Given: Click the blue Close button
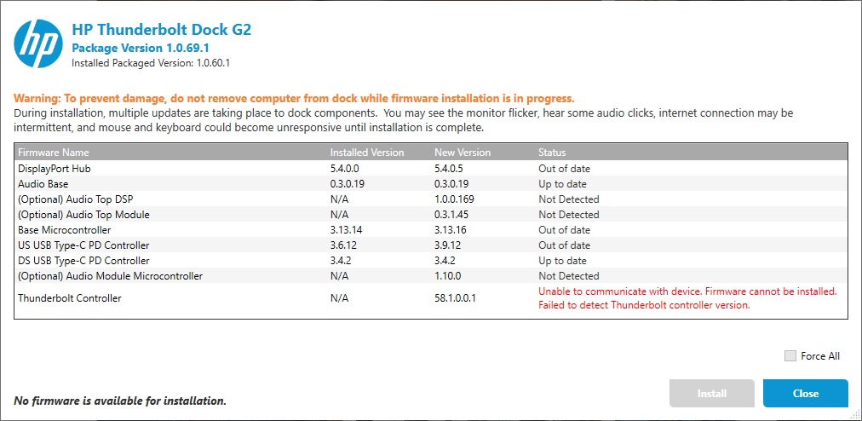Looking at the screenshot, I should pos(805,393).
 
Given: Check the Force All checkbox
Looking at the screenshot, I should pos(790,356).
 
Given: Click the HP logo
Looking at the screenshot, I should pos(38,43).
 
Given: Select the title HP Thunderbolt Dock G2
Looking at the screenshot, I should pos(161,29).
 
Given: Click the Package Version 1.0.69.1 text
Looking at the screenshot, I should pos(141,48).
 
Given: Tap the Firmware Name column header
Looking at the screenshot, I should pos(54,153).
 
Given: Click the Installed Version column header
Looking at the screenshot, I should pos(367,153).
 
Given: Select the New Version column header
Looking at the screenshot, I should pos(463,153).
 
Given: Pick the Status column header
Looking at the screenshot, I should pos(552,153).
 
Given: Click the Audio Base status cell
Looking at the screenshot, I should pos(562,184).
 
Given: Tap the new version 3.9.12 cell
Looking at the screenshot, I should pos(450,245).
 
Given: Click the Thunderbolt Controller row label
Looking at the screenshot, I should pos(70,298).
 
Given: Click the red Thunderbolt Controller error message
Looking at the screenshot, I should pos(687,298).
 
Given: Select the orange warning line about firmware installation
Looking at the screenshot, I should pos(294,98).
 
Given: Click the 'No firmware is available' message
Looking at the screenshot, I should pos(120,400).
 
